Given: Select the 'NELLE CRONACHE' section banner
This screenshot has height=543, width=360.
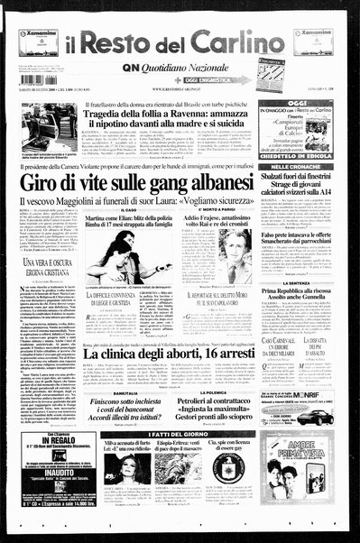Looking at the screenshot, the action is pos(302,167).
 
